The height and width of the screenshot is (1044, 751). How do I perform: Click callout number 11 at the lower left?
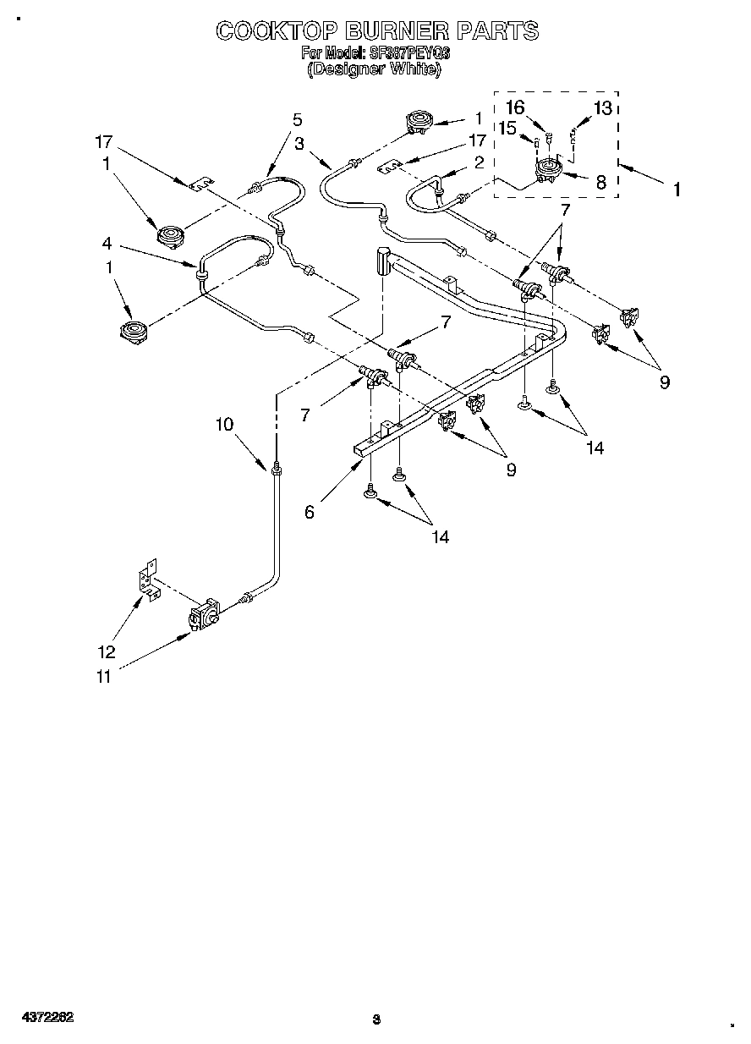tap(102, 676)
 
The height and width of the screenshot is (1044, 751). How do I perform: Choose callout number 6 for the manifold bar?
tap(310, 512)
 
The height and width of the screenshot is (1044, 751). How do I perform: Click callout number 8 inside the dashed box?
tap(600, 181)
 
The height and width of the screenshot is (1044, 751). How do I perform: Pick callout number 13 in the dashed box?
tap(602, 107)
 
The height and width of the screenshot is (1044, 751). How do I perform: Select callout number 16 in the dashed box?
tap(515, 107)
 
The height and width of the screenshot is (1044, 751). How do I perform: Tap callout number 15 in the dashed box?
tap(507, 129)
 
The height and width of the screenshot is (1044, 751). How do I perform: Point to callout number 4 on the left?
tap(107, 244)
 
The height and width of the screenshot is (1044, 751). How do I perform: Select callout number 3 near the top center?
tap(299, 144)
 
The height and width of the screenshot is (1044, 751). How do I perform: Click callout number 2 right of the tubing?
tap(479, 162)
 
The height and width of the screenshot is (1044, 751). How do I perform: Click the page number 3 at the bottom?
tap(376, 1019)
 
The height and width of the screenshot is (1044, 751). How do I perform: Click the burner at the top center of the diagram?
tap(419, 123)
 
